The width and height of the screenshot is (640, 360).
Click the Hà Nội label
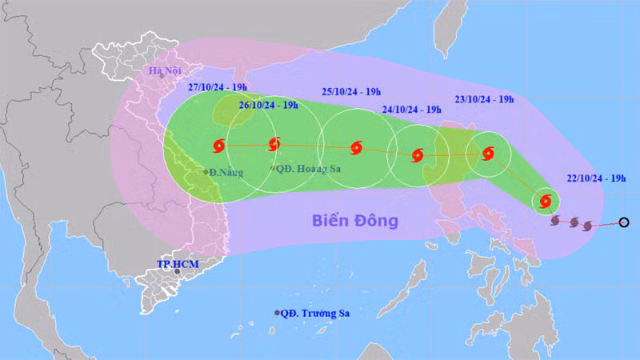[x=166, y=71]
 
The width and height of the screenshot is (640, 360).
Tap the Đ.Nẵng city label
[x=226, y=172]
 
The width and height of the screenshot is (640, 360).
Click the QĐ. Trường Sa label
[x=317, y=313]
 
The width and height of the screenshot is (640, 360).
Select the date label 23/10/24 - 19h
[x=483, y=99]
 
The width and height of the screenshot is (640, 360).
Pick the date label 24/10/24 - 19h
[x=411, y=110]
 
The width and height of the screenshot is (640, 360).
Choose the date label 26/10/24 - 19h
[x=268, y=105]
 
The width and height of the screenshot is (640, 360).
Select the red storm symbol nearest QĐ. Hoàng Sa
[x=274, y=146]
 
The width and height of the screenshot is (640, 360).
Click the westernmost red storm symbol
[x=218, y=146]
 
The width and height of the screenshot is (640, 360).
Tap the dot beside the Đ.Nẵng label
[x=206, y=172]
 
